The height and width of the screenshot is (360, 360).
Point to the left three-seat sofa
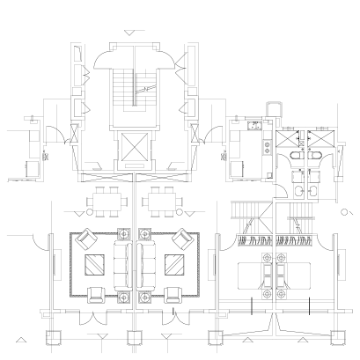coord(122,265)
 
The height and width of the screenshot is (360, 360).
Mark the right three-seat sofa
coord(146,265)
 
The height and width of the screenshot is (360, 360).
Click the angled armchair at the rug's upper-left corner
coord(89,239)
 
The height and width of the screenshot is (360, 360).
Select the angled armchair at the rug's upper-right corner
coord(181,239)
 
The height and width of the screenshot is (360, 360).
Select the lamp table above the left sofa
coord(121,234)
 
